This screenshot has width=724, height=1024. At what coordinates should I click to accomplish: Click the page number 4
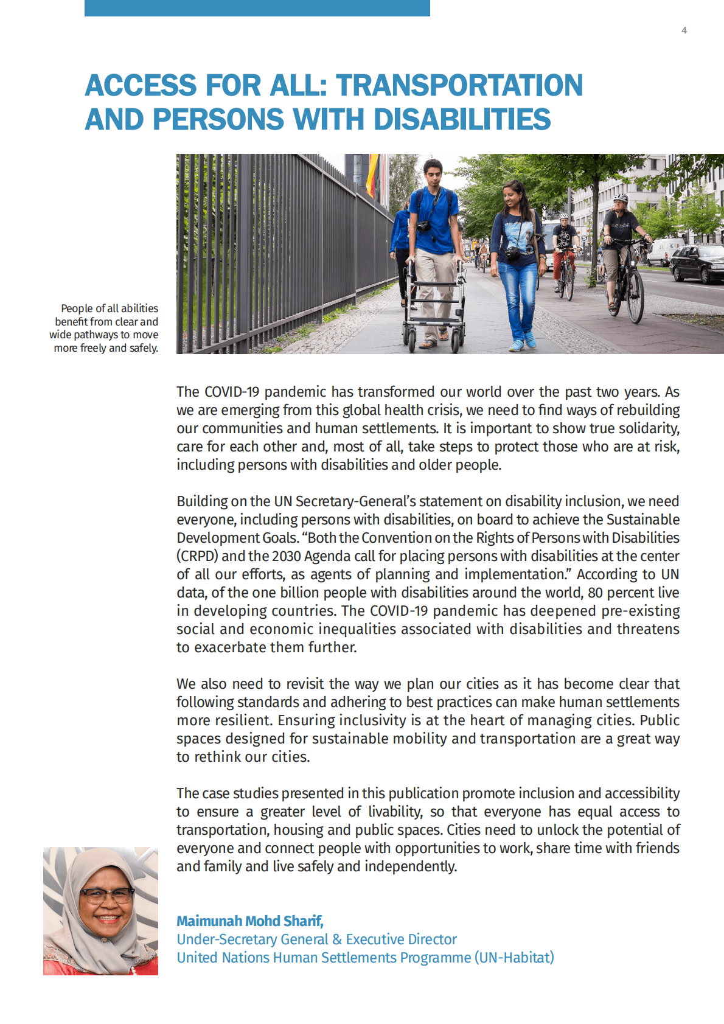tap(684, 30)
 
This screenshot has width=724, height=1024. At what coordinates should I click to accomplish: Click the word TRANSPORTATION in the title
tap(459, 85)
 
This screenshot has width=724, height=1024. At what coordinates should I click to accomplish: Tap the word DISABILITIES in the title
tap(462, 119)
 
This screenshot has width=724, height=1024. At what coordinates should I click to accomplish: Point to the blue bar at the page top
tap(257, 8)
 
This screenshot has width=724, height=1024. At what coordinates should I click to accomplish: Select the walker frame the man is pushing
tap(434, 304)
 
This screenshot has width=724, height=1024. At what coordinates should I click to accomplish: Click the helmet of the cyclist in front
tap(621, 198)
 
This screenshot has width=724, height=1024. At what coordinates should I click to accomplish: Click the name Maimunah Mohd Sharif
tap(249, 921)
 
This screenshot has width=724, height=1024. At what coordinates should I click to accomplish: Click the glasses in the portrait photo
tap(106, 895)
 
